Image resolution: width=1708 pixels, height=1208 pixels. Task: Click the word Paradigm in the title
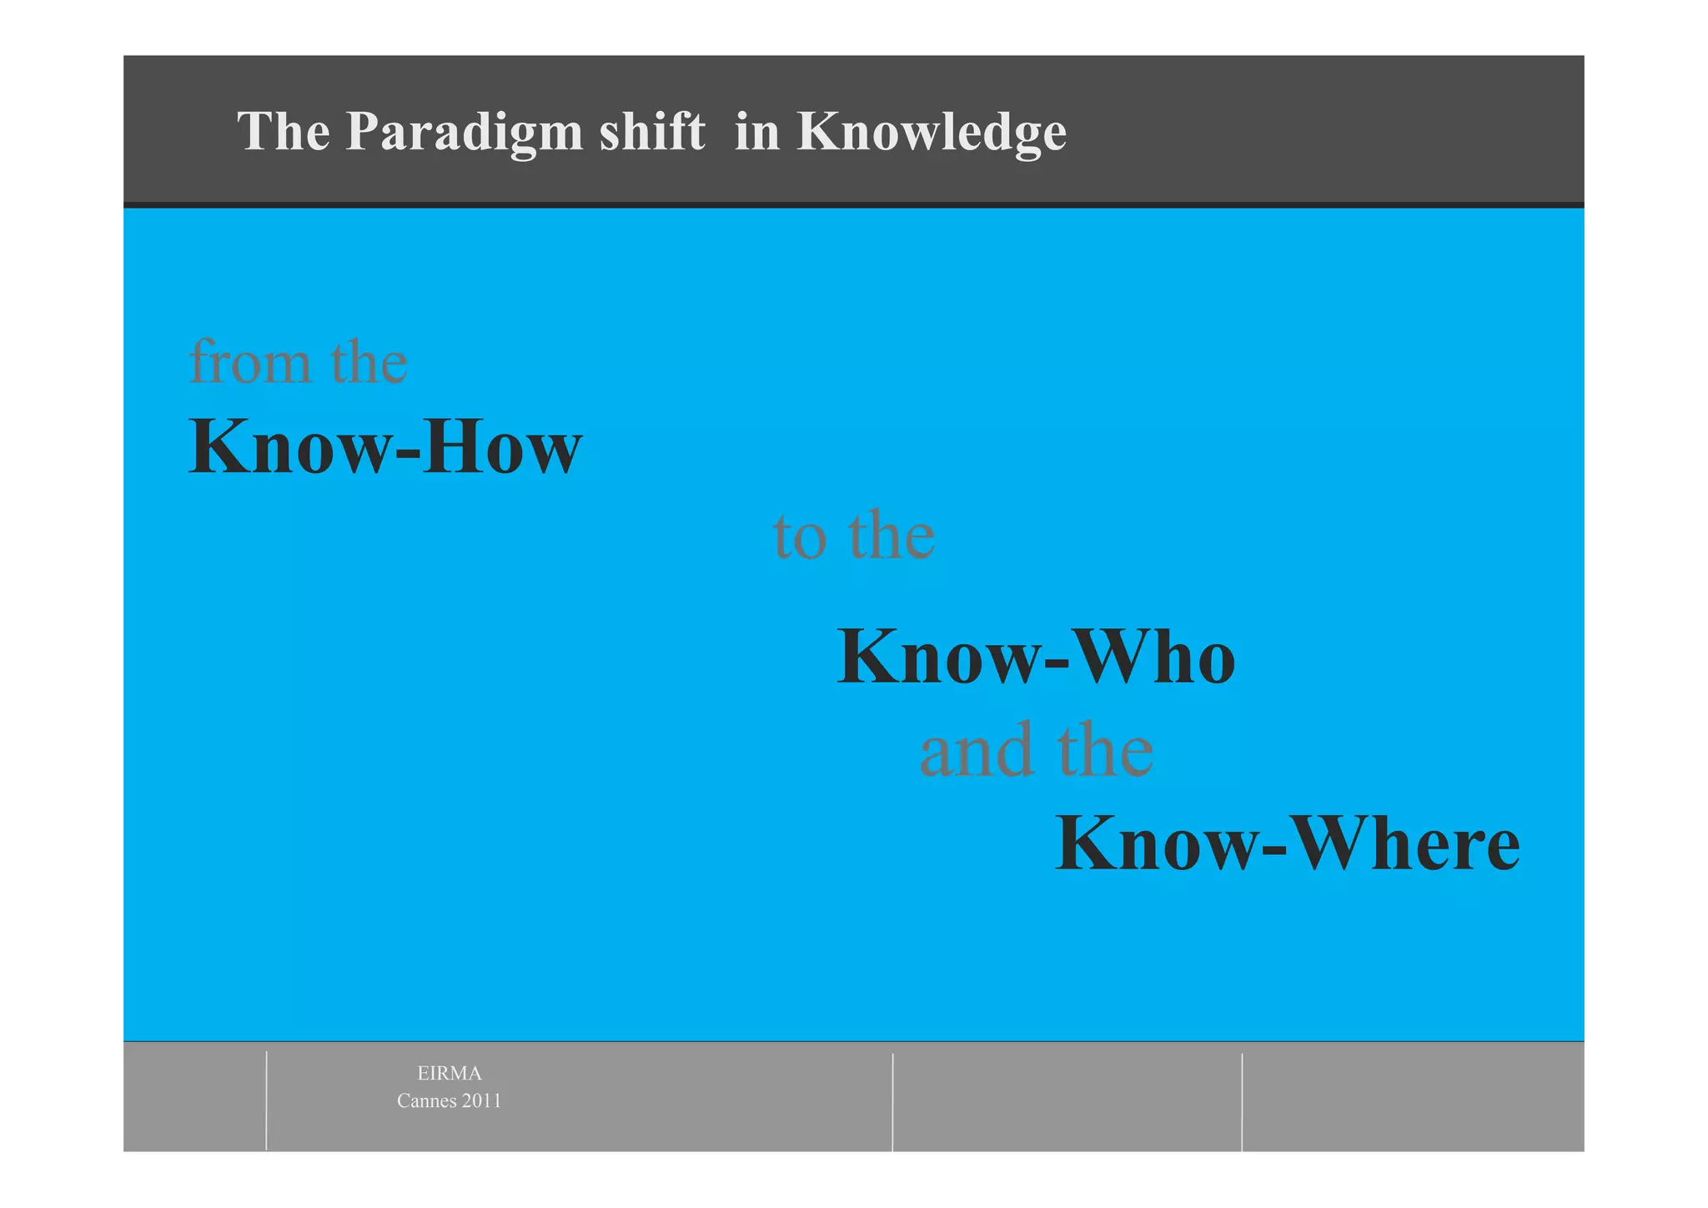(464, 132)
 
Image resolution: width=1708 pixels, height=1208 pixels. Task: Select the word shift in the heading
(652, 132)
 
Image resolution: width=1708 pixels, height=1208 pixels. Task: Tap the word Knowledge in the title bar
(932, 132)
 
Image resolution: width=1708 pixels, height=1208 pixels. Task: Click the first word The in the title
(284, 132)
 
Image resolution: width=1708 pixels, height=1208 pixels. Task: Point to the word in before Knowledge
(757, 132)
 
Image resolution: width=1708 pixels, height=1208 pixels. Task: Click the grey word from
(249, 362)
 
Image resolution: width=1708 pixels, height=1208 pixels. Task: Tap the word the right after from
(369, 362)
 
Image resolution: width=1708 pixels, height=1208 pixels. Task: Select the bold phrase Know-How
(385, 447)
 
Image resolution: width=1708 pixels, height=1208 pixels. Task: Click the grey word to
(800, 536)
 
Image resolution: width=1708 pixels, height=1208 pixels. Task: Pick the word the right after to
(891, 536)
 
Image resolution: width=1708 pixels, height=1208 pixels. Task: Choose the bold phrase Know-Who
(1036, 657)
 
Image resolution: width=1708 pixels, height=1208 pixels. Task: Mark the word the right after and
(1105, 750)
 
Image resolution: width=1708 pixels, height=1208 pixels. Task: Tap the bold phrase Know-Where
(1287, 844)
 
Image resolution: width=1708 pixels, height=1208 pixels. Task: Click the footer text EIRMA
(450, 1073)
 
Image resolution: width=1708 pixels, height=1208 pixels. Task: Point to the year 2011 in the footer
(482, 1101)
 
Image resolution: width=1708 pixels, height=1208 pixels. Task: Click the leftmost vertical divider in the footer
(267, 1100)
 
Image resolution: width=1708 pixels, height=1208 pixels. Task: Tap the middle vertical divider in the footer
(892, 1101)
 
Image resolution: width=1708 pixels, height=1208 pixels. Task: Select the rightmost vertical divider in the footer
(1242, 1101)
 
